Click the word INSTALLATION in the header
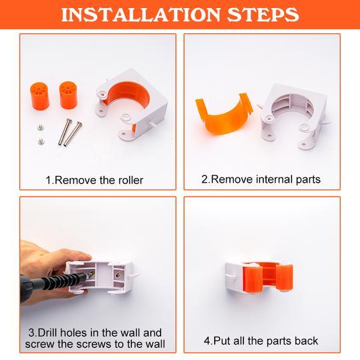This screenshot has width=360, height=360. click(141, 15)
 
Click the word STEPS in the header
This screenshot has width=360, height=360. click(263, 15)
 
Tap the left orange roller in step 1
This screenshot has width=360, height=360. click(40, 96)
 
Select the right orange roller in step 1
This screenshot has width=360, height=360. click(68, 95)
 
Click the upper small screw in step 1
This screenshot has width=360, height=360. click(41, 127)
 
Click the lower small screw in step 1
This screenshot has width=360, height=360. click(41, 141)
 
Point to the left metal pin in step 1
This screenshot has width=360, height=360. click(65, 131)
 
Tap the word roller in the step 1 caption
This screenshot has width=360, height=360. click(131, 180)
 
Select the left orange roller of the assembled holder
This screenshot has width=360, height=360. click(253, 279)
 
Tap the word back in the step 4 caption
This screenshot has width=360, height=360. click(307, 341)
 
